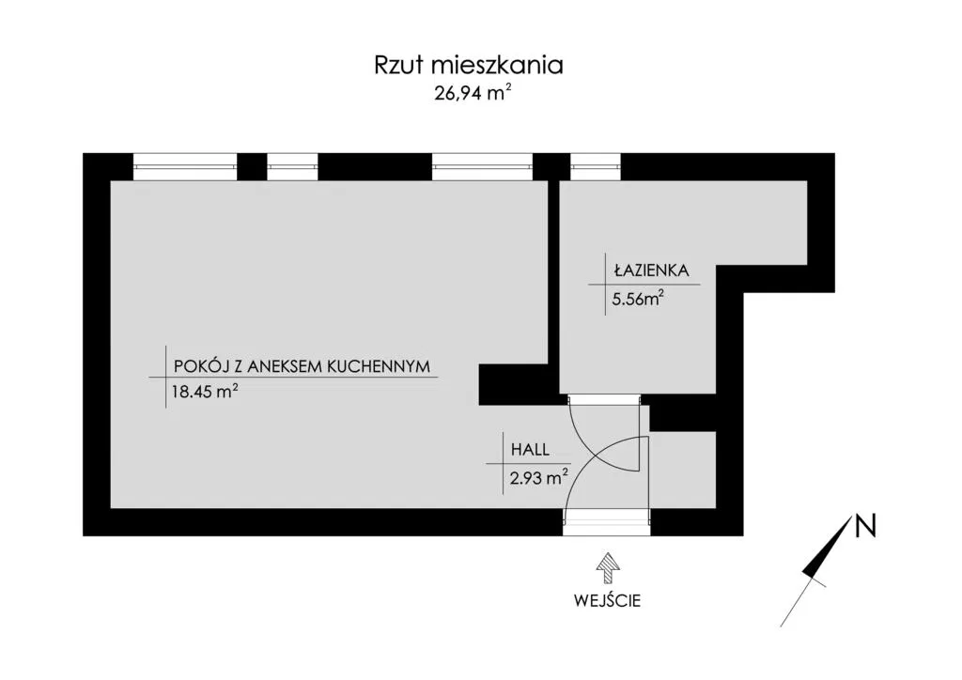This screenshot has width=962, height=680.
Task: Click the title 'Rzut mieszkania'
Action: point(469,66)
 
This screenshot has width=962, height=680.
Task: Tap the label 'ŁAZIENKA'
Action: point(651,270)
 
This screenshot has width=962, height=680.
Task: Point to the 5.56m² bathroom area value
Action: point(639,300)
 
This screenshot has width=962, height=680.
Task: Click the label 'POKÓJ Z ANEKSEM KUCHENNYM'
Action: point(302,366)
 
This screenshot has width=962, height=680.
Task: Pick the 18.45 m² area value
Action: point(200,394)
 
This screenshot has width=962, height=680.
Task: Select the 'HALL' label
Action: point(530,450)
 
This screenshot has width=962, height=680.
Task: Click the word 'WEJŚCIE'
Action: point(607,600)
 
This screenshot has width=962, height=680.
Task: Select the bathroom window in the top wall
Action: point(597,166)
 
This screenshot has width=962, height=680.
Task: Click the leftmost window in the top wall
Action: point(184,166)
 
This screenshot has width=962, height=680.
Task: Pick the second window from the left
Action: point(293,166)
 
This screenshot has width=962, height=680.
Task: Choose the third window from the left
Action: point(482,166)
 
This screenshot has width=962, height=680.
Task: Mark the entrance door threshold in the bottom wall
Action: point(607,521)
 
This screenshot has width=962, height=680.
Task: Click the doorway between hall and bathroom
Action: point(605,399)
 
